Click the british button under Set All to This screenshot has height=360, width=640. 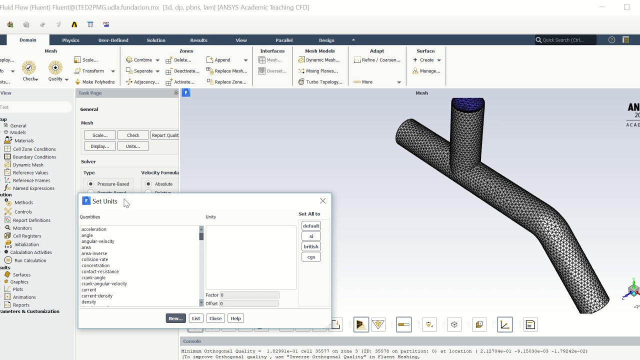[x=311, y=246]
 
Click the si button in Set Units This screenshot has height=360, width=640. [x=311, y=236]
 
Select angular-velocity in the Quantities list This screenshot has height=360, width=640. [x=98, y=241]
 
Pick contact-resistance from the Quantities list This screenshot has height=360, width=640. [x=100, y=271]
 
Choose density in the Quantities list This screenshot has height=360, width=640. [x=88, y=302]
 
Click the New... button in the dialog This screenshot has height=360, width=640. [x=175, y=318]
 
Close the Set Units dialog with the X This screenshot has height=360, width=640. [x=322, y=201]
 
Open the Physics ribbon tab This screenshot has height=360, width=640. [x=70, y=40]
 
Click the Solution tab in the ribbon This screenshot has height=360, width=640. [x=156, y=40]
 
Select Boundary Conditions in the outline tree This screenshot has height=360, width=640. [x=34, y=157]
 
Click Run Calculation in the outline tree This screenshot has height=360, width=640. [x=30, y=260]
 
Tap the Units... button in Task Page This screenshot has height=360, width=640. [x=133, y=146]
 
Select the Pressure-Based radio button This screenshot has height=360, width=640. [x=91, y=184]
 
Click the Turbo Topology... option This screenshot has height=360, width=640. [x=324, y=82]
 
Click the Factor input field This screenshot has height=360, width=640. [x=249, y=295]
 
